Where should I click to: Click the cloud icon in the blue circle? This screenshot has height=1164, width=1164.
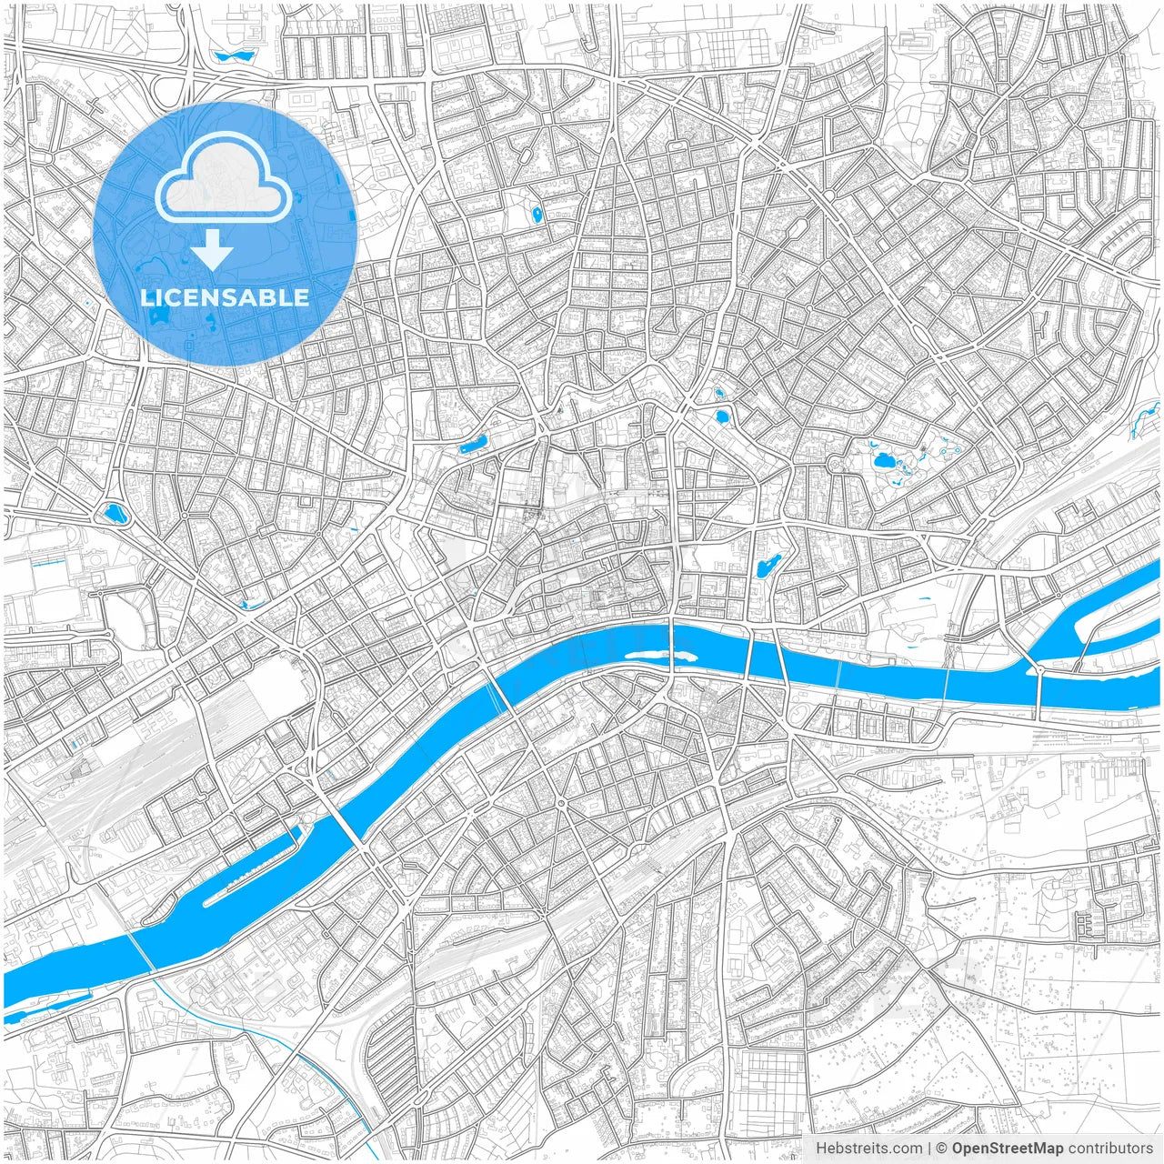224,177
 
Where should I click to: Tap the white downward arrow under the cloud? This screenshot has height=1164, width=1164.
213,250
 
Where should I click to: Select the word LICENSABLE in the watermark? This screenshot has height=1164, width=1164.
225,297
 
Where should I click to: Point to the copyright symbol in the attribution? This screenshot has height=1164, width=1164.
942,1149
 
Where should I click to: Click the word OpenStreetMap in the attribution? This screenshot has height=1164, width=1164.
1007,1149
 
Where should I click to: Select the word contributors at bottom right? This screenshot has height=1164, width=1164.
1110,1149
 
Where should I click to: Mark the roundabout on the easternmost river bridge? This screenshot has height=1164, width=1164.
1039,671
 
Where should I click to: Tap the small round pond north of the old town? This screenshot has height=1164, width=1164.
722,416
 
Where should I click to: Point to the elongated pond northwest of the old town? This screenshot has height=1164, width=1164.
474,446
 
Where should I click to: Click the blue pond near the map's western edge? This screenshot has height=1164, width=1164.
115,514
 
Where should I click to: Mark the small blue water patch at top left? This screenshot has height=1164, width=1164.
234,56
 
